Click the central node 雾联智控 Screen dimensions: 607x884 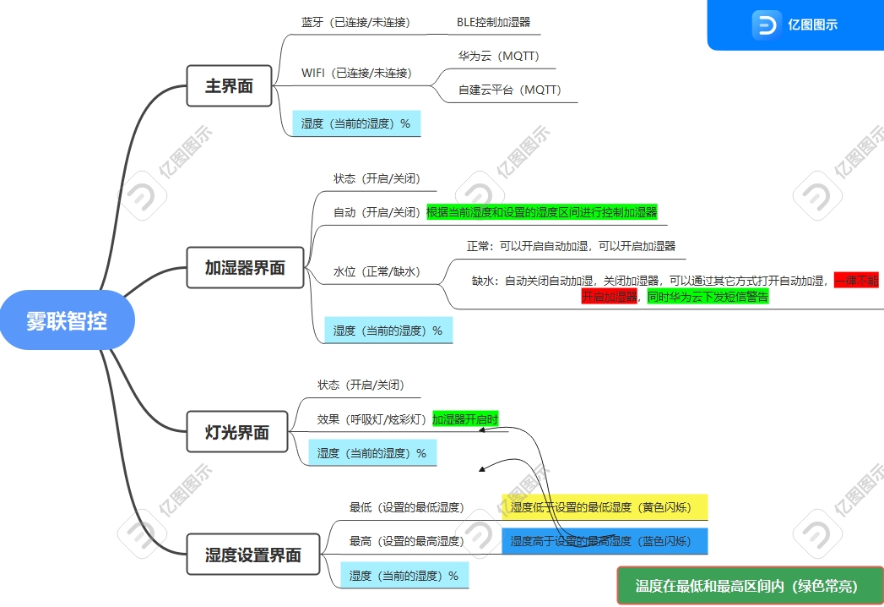(x=67, y=320)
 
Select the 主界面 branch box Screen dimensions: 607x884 (x=229, y=85)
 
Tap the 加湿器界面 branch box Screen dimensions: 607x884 (x=245, y=268)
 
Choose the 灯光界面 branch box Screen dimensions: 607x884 (x=236, y=432)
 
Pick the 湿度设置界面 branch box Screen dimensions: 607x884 (x=253, y=555)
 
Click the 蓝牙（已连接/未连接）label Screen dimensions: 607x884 (x=355, y=22)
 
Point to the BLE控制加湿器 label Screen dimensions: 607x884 (x=494, y=22)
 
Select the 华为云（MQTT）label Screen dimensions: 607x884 (x=498, y=57)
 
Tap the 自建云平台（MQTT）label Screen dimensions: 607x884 (x=509, y=89)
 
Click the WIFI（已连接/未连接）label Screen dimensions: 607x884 (x=356, y=73)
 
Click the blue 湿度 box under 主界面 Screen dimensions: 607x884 (x=355, y=123)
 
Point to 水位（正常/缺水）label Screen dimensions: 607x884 (x=377, y=271)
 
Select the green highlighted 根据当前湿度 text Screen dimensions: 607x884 (x=541, y=211)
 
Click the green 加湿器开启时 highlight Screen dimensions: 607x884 (x=465, y=418)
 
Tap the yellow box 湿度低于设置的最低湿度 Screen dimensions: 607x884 (x=604, y=507)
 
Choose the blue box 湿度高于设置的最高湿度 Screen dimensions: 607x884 (x=604, y=541)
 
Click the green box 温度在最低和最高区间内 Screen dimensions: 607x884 (x=749, y=586)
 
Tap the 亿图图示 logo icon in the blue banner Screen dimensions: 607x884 (x=765, y=25)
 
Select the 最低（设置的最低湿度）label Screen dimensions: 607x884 (x=406, y=507)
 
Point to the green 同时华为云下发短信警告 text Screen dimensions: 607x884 (x=708, y=297)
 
